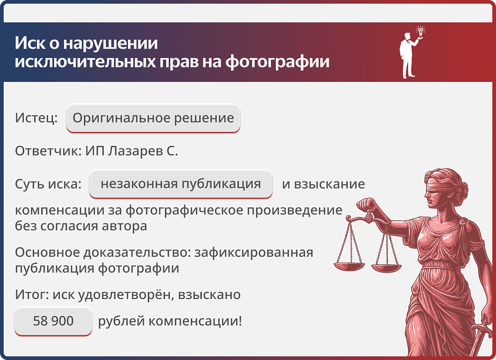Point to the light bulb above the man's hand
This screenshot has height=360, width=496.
421,31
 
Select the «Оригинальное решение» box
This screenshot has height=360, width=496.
153,119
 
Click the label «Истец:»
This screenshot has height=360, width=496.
36,119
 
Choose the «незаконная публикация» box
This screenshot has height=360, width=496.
181,184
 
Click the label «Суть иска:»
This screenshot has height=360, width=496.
48,184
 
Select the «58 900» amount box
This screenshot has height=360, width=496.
53,321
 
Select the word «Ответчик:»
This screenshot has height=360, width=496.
46,151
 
